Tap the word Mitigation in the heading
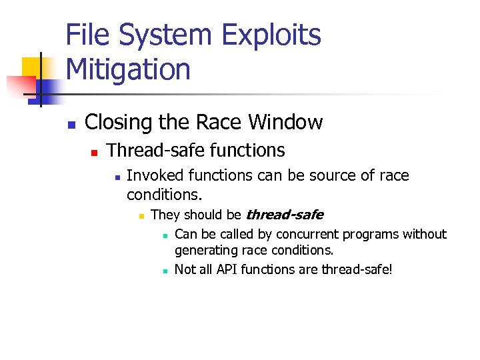tap(128, 69)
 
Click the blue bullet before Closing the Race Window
tap(72, 125)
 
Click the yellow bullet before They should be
tap(141, 216)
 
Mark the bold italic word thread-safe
tap(285, 215)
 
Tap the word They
tap(166, 215)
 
